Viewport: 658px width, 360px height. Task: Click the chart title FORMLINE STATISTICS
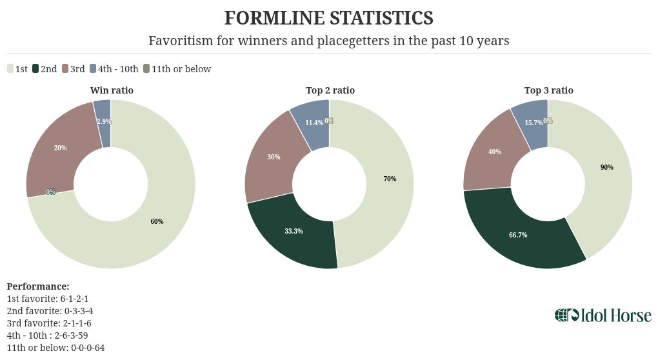328,17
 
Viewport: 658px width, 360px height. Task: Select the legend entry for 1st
17,69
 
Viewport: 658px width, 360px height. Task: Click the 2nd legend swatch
36,69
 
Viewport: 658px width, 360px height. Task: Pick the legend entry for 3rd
73,69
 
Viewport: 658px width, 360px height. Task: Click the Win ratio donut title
112,90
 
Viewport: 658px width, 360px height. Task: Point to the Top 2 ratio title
330,90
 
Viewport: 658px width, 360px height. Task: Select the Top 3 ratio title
548,90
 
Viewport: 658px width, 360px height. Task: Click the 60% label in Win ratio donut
157,221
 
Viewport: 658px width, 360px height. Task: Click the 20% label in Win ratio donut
60,148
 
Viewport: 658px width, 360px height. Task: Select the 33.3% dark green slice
294,230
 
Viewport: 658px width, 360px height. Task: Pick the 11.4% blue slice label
314,123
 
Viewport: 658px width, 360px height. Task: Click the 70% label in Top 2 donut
390,179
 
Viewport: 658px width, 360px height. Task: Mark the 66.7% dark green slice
517,235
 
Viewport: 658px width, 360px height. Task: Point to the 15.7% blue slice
533,123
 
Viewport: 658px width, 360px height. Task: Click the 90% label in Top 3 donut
606,167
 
